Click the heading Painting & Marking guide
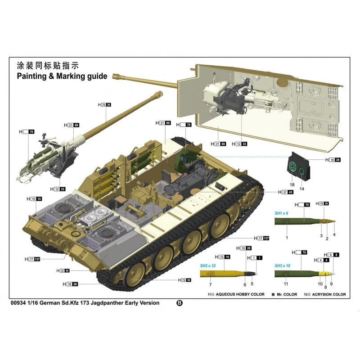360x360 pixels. [62, 76]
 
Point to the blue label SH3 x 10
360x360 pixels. [283, 266]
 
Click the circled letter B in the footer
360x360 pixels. [180, 303]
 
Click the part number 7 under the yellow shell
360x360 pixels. [210, 285]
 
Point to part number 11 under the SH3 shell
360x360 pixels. [286, 284]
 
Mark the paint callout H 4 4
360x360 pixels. [324, 261]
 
